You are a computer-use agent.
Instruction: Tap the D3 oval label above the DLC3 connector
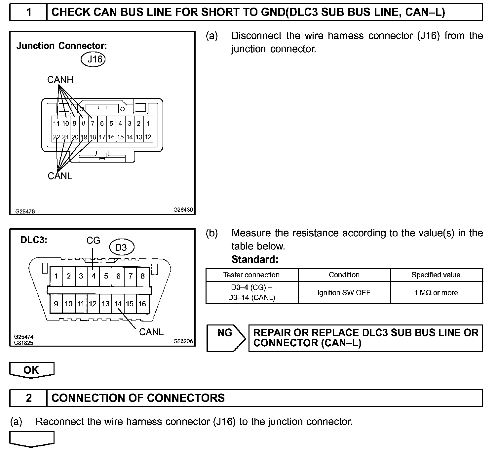point(122,247)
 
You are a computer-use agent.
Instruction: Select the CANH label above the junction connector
point(60,80)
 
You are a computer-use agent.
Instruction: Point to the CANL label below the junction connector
point(60,176)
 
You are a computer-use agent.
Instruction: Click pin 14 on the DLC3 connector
point(118,304)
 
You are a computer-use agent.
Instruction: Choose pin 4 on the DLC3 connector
point(94,276)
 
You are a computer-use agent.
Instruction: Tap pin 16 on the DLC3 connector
point(142,304)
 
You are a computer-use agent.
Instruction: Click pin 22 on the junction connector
point(56,137)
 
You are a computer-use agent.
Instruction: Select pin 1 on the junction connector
point(148,124)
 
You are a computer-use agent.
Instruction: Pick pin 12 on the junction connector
point(148,137)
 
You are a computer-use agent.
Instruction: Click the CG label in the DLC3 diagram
point(93,241)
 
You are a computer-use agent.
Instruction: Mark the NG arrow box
point(226,338)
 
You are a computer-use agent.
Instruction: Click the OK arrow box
point(31,370)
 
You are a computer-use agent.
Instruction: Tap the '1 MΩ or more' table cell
point(436,293)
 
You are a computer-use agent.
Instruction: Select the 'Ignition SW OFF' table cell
point(344,293)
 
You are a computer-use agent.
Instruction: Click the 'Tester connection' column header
point(251,275)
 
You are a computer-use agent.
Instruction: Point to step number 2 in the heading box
point(29,398)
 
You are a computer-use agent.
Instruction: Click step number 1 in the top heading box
point(29,13)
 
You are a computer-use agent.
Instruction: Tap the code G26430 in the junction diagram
point(183,210)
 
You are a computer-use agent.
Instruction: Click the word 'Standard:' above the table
point(255,259)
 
